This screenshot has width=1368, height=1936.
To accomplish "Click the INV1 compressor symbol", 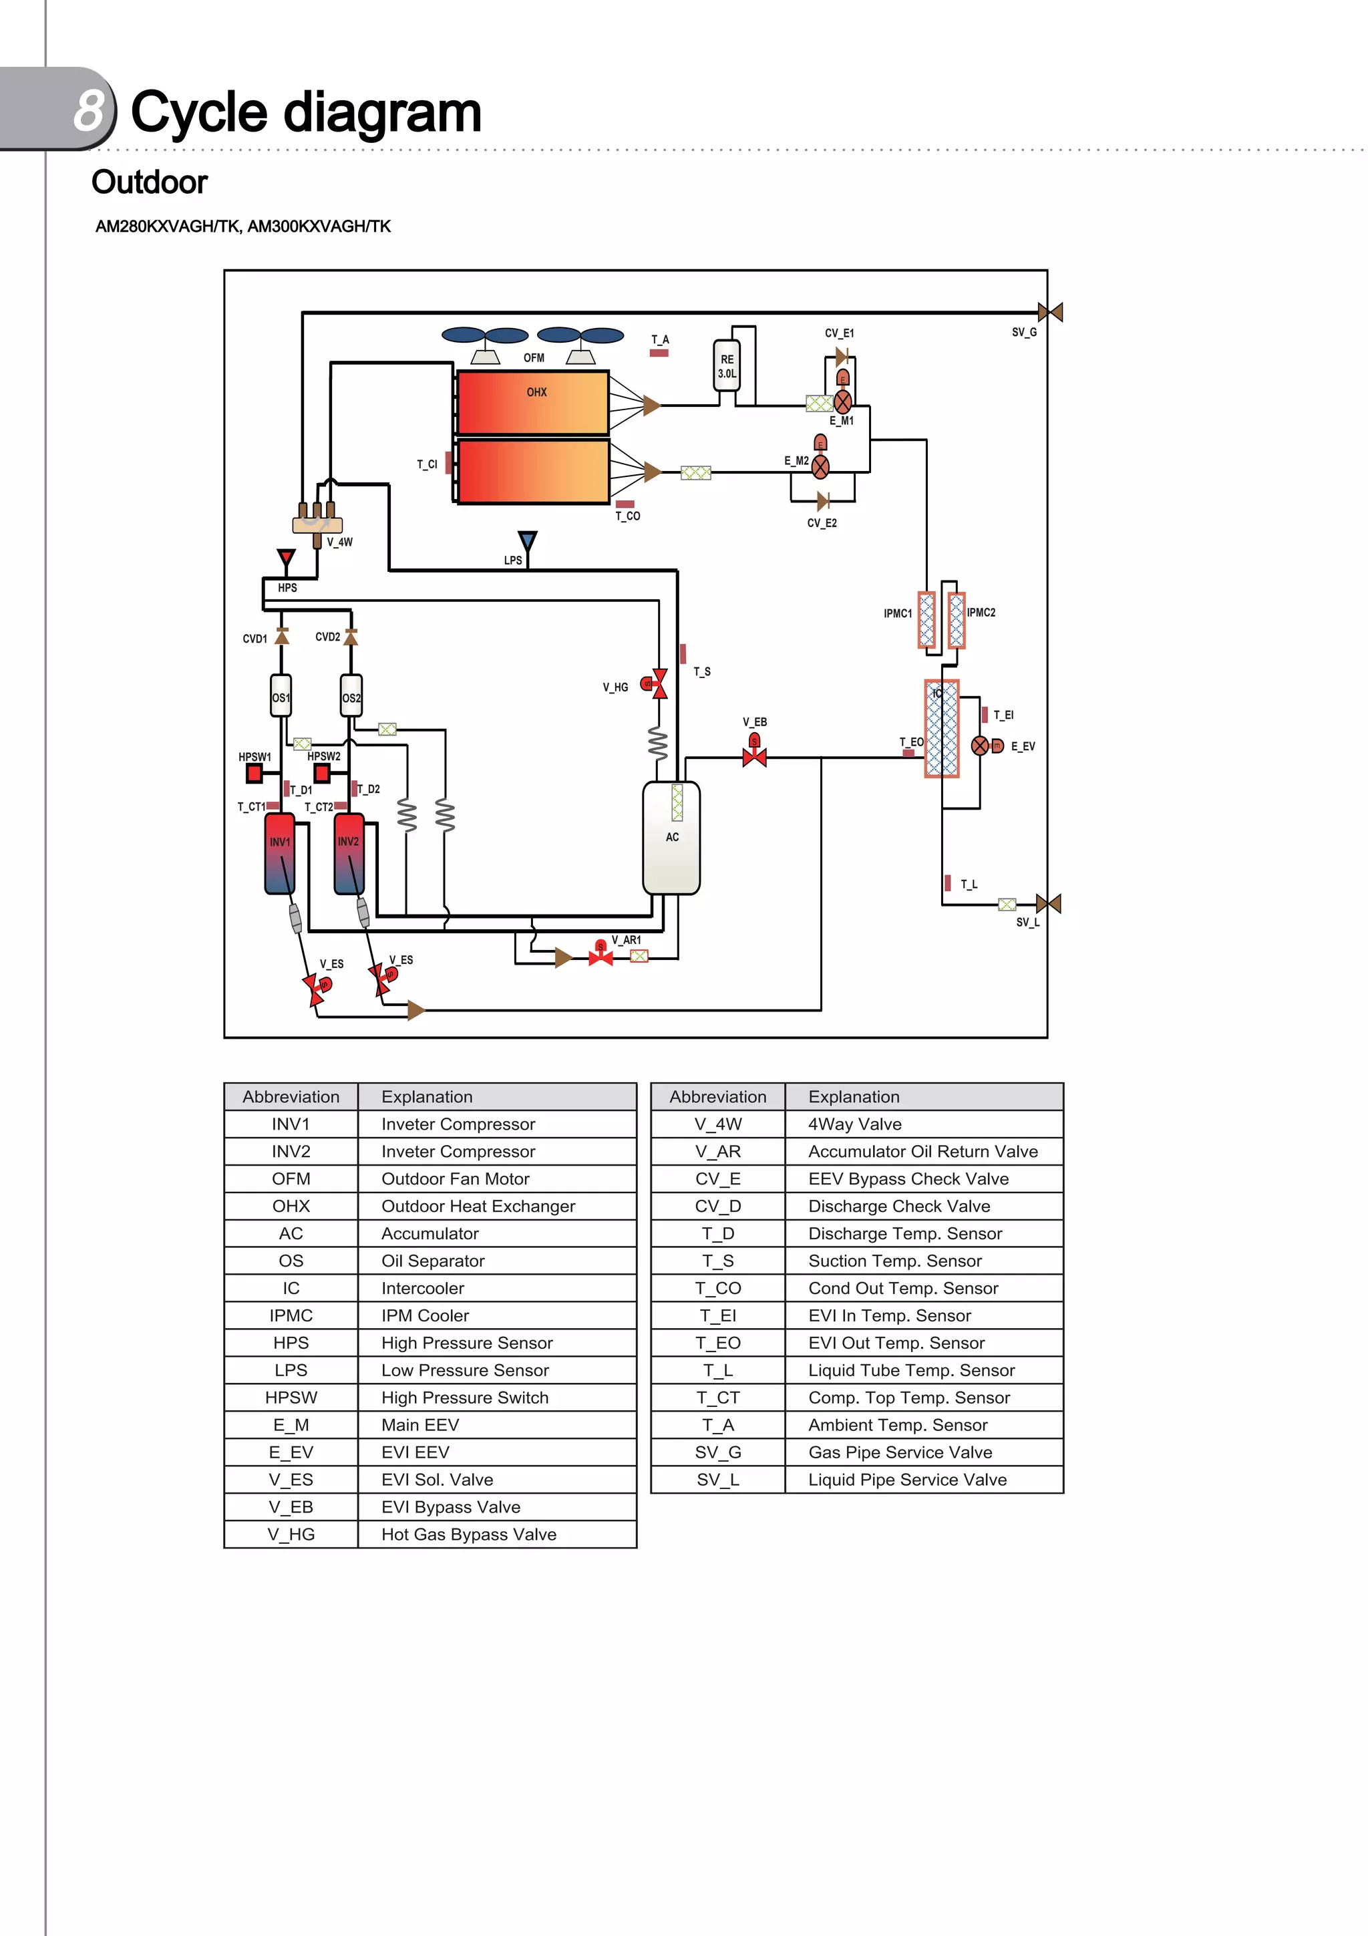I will click(x=280, y=853).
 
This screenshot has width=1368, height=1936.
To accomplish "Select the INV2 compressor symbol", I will click(x=349, y=853).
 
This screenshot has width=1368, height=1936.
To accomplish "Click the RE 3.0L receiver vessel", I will click(x=727, y=366).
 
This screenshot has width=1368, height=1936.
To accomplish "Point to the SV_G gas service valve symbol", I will click(x=1049, y=313).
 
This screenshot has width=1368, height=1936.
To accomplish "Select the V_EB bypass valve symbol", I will click(x=754, y=756).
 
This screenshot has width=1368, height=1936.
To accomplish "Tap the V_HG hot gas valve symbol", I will click(x=659, y=684).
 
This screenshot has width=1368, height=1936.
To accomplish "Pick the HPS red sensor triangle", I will click(x=287, y=558).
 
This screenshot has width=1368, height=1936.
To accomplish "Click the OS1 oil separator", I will click(x=281, y=697).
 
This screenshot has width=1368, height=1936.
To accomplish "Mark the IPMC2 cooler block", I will click(x=956, y=621).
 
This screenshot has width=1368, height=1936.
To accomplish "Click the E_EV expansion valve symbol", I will click(x=981, y=746).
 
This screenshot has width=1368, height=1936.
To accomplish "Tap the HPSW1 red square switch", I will click(x=254, y=773).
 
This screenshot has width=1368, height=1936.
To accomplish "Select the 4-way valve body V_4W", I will click(x=317, y=524).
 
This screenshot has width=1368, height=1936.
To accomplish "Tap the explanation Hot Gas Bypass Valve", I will click(x=469, y=1535).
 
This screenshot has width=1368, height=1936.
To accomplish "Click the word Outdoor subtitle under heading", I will click(x=149, y=182).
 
